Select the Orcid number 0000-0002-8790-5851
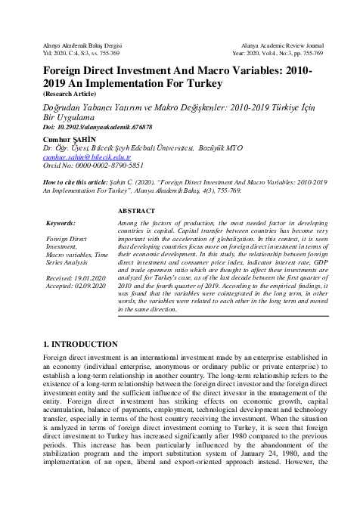coord(89,165)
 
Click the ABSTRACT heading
coord(137,211)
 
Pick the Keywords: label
coord(61,224)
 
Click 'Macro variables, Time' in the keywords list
coord(79,255)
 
